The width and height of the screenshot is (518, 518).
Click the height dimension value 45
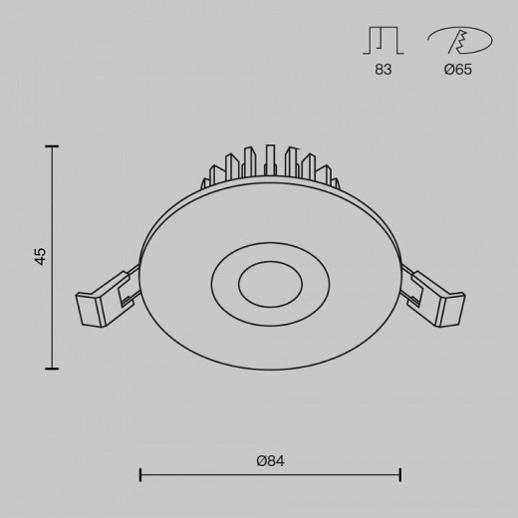41,256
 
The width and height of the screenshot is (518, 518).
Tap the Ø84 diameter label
271,461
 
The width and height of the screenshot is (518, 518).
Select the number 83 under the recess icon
384,70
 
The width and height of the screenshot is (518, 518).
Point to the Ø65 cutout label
458,70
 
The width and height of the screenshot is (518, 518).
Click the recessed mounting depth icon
384,40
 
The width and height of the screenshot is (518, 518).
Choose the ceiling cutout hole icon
460,40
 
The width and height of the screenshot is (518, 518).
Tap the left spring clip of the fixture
108,297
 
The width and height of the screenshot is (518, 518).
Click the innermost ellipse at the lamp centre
270,284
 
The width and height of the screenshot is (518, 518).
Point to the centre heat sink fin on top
270,159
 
